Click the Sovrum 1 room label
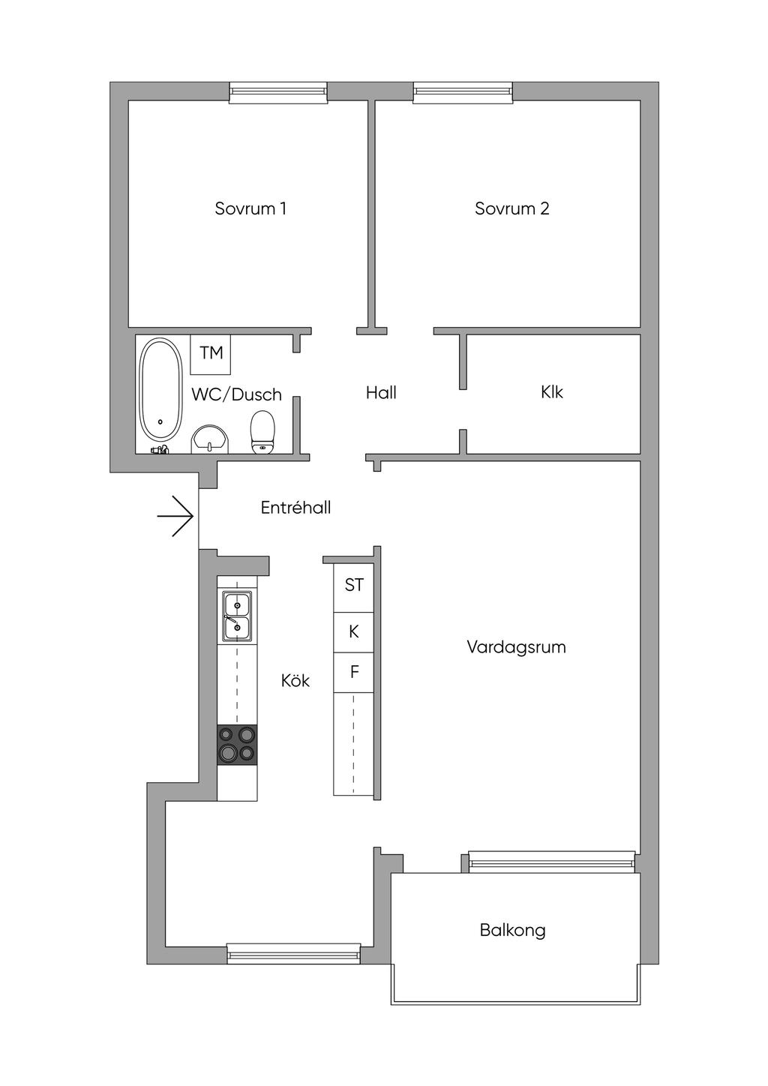coord(250,208)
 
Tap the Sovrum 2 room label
coord(511,208)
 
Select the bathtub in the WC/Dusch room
coord(161,390)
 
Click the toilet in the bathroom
coord(262,432)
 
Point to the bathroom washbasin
coord(210,438)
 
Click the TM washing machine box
coord(211,352)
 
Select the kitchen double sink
coord(237,615)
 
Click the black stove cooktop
coord(237,745)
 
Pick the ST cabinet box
coord(354,585)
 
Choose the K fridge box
coord(354,632)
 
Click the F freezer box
coord(354,672)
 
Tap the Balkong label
coord(513,931)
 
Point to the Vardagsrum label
coord(516,646)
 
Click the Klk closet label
coord(551,391)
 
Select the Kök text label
coord(295,680)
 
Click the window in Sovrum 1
coord(278,92)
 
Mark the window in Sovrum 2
coord(463,92)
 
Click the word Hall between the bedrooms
coord(381,392)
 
